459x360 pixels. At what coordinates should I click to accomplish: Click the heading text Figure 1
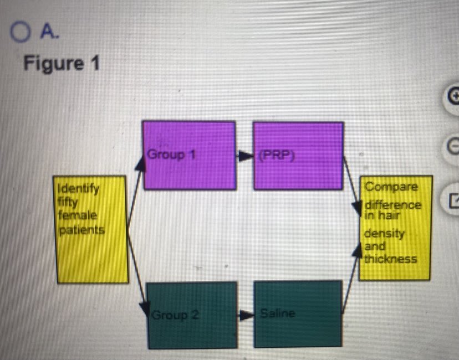(62, 63)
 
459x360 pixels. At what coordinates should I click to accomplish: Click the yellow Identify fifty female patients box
(89, 229)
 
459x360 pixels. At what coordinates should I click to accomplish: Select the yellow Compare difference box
(395, 228)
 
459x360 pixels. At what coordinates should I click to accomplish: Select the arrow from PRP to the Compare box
(351, 183)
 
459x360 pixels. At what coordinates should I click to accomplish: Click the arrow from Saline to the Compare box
(351, 282)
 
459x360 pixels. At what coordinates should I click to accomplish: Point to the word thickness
(390, 259)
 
